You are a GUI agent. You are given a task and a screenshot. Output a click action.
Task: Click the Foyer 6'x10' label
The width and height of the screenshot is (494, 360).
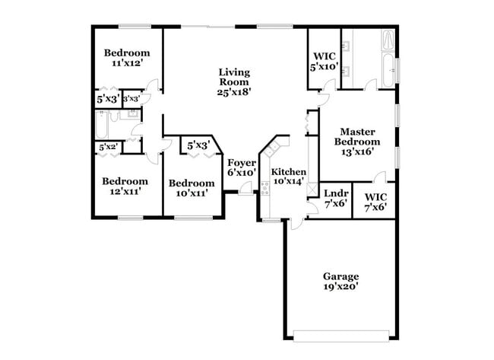pyautogui.click(x=242, y=167)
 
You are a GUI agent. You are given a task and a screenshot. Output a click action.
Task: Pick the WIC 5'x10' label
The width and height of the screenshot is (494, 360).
pyautogui.click(x=325, y=62)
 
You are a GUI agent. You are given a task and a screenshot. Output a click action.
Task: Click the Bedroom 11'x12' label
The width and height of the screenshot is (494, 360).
pyautogui.click(x=127, y=58)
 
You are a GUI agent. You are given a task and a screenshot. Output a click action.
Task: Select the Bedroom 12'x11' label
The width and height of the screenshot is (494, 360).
pyautogui.click(x=125, y=187)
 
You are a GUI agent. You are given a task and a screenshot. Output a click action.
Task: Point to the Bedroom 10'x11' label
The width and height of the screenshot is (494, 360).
pyautogui.click(x=192, y=188)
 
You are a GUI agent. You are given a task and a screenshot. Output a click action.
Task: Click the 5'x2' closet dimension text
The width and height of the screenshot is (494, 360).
pyautogui.click(x=106, y=147)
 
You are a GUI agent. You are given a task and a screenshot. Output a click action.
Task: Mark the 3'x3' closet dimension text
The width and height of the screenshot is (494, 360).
pyautogui.click(x=131, y=98)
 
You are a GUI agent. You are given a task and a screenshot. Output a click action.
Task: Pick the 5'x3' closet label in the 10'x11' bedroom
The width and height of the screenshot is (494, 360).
pyautogui.click(x=198, y=145)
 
